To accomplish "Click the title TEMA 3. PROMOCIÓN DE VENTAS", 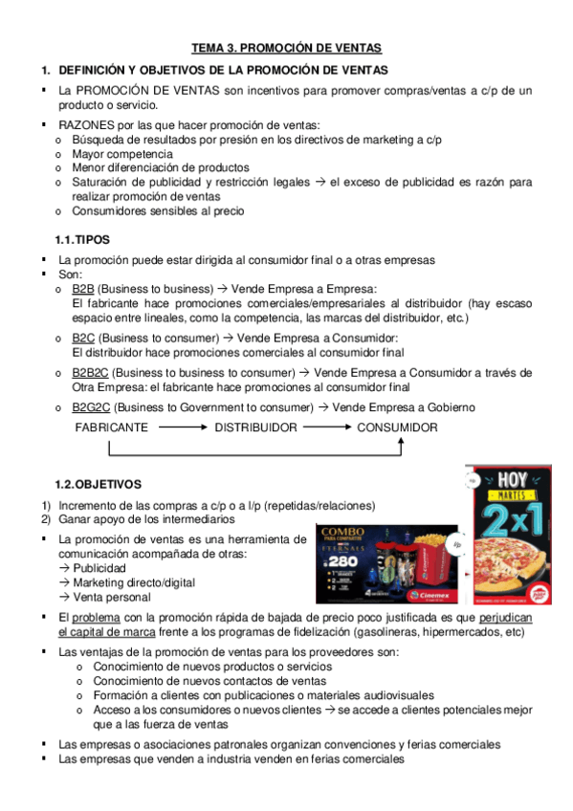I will pyautogui.click(x=286, y=47).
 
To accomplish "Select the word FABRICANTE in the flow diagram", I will pyautogui.click(x=111, y=427).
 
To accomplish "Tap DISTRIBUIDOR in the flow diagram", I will pyautogui.click(x=255, y=427).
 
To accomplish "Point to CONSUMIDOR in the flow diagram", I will pyautogui.click(x=397, y=427).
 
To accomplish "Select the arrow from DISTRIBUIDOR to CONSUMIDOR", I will pyautogui.click(x=326, y=427).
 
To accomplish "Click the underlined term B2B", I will pyautogui.click(x=83, y=288).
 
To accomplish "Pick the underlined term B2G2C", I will pyautogui.click(x=91, y=407).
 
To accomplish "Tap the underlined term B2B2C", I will pyautogui.click(x=91, y=372).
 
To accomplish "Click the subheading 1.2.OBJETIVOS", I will pyautogui.click(x=98, y=485).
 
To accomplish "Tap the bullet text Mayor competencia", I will pyautogui.click(x=122, y=153).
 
